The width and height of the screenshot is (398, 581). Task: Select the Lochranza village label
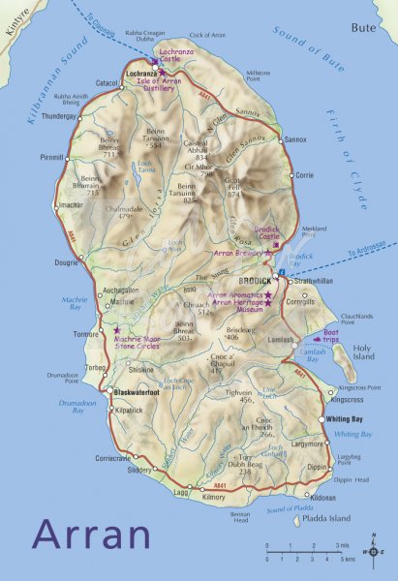pos(141,74)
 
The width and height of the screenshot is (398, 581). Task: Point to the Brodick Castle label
pos(266,232)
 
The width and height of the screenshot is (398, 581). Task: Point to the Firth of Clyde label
pos(352,175)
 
